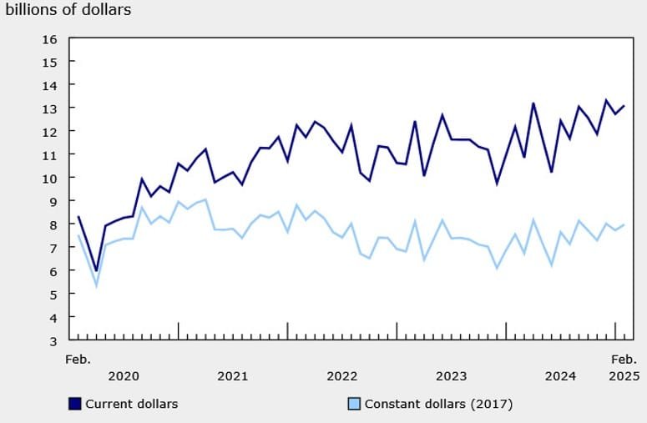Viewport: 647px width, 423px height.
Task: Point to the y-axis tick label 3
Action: (53, 341)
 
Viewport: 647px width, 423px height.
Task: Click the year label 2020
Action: (124, 376)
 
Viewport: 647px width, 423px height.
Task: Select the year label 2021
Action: (232, 376)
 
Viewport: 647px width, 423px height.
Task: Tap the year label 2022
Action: (341, 376)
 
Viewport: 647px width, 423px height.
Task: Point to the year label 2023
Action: (451, 376)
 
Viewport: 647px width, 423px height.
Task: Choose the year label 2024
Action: (560, 376)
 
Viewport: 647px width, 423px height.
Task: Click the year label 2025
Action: (622, 376)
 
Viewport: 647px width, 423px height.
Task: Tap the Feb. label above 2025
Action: (622, 359)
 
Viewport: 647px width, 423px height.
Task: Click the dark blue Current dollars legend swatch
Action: (75, 404)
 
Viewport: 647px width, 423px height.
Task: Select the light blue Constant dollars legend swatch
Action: (354, 404)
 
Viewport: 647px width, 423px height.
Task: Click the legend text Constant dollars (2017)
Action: (437, 404)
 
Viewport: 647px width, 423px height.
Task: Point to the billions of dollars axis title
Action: (70, 10)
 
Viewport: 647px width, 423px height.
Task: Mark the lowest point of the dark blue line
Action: (97, 270)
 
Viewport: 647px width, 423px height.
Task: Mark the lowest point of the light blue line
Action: (97, 286)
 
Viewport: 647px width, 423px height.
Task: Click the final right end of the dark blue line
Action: (624, 106)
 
